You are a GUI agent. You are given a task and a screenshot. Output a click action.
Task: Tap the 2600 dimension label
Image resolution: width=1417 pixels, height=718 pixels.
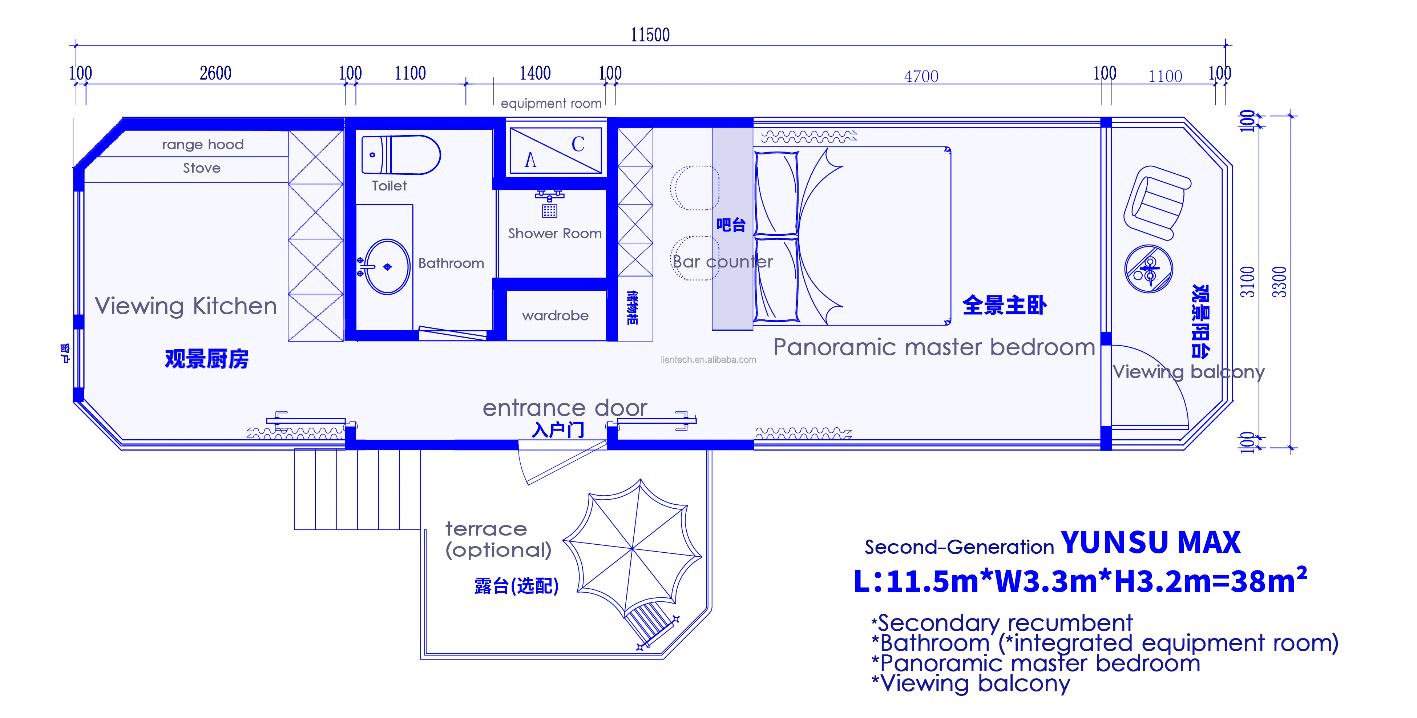tap(215, 73)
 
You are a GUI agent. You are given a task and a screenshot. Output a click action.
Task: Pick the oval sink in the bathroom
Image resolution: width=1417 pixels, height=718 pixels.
tap(387, 267)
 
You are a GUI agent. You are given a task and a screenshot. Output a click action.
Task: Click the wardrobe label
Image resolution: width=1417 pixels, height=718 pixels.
tap(555, 316)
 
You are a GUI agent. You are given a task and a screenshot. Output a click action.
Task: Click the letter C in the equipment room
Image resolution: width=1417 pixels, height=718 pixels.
tap(578, 144)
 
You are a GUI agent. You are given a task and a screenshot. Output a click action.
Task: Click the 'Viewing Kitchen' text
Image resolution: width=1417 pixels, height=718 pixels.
tap(186, 306)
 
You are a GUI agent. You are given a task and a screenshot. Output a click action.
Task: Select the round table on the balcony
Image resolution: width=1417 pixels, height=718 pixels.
tap(1148, 269)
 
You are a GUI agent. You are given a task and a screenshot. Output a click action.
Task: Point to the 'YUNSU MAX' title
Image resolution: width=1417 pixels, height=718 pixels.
tap(1150, 542)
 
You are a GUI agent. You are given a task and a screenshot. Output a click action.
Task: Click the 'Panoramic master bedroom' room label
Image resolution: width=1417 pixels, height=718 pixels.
tap(934, 347)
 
